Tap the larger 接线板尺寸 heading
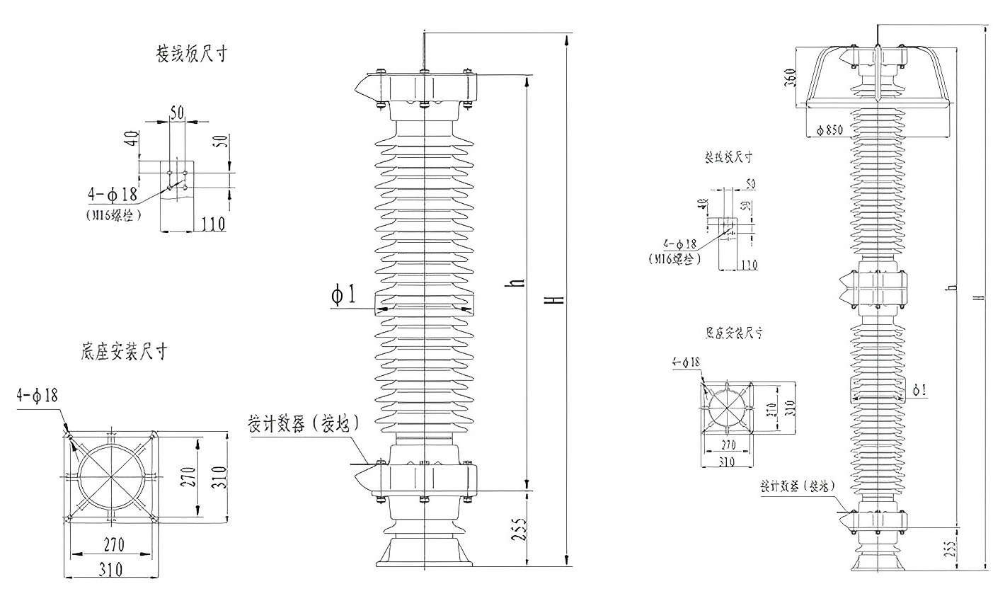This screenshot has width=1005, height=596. coord(192,55)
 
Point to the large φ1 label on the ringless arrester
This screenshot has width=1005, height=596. coord(344,295)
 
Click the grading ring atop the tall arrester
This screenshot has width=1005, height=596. coord(878,76)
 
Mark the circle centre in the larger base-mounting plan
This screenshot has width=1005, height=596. coord(110,478)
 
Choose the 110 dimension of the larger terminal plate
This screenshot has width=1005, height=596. coord(212,224)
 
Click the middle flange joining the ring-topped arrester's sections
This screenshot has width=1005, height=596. coord(878,287)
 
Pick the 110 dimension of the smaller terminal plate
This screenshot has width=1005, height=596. coord(748,265)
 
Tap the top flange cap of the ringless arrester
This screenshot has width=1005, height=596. coord(423,87)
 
